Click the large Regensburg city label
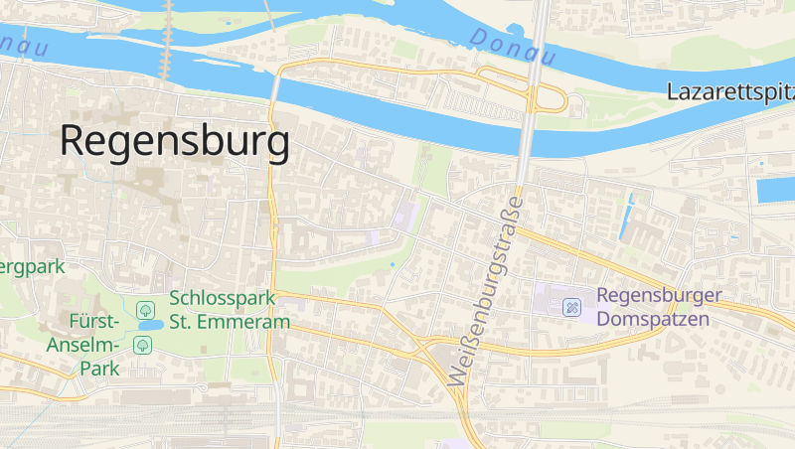coord(175,141)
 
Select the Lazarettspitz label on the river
coord(731,93)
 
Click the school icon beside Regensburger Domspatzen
coord(572,306)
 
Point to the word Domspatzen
coord(653,319)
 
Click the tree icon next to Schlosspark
coord(145,309)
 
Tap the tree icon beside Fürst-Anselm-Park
coord(143,345)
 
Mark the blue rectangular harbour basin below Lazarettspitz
coord(775,191)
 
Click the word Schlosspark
coord(229,297)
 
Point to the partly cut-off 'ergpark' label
coord(32,266)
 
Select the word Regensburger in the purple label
coord(659,296)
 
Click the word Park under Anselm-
coord(99,369)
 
